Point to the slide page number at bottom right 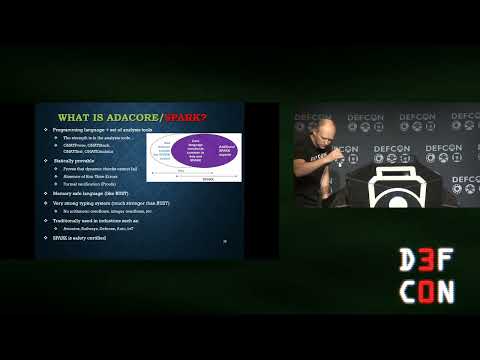pyautogui.click(x=224, y=241)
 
